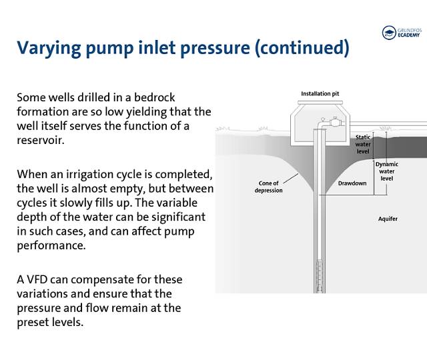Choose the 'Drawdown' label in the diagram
click(x=350, y=182)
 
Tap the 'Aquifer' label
click(x=388, y=219)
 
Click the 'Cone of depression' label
click(x=269, y=187)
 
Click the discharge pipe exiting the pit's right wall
click(x=387, y=124)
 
